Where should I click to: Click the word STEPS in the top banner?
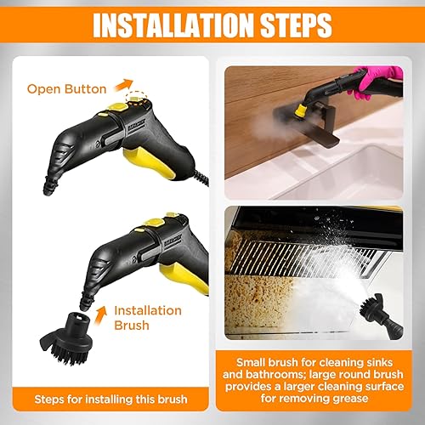click(296, 25)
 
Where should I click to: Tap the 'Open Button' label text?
click(67, 89)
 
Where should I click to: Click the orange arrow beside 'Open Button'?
click(123, 85)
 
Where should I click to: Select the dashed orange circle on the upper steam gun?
click(137, 99)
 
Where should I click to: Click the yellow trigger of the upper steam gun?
click(150, 164)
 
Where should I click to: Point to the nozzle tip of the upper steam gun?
click(48, 190)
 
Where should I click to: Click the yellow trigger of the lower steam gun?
click(185, 279)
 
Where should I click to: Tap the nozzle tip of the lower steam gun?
click(84, 305)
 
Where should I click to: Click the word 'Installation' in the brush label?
click(148, 310)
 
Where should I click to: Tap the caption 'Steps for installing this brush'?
click(110, 399)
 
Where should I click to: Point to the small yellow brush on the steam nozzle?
click(301, 110)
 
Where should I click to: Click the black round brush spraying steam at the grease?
click(381, 316)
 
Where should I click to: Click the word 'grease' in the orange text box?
click(350, 399)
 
